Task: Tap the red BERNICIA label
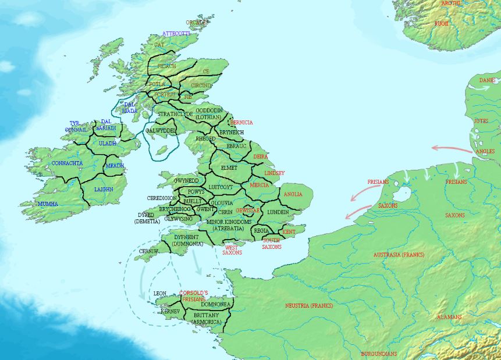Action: pyautogui.click(x=241, y=123)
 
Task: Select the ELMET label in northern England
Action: pyautogui.click(x=230, y=167)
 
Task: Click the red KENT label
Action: pyautogui.click(x=289, y=232)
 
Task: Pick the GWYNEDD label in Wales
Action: pyautogui.click(x=187, y=181)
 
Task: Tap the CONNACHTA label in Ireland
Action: pyautogui.click(x=67, y=163)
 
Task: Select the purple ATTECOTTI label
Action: pyautogui.click(x=176, y=34)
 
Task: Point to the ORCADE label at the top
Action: pyautogui.click(x=197, y=23)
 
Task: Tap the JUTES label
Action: pyautogui.click(x=481, y=121)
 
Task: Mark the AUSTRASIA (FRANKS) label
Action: pyautogui.click(x=399, y=255)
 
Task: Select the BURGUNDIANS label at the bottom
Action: pyautogui.click(x=379, y=354)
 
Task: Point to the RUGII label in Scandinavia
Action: pyautogui.click(x=442, y=23)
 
